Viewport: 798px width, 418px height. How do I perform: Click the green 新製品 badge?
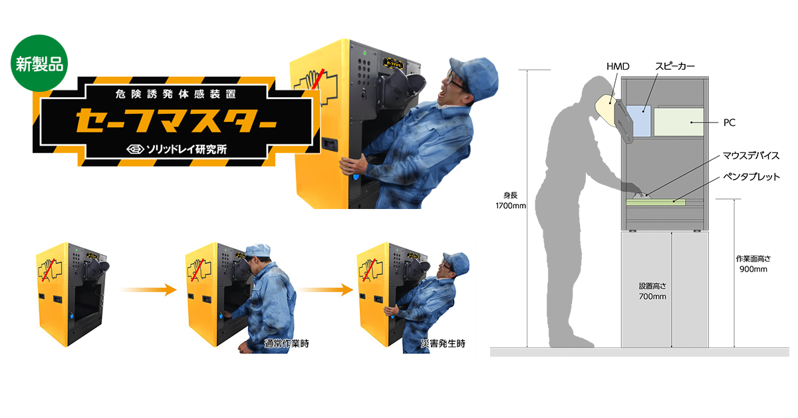[39, 63]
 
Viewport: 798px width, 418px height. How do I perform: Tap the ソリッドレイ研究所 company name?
[177, 149]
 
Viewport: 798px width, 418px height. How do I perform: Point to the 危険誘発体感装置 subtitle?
[176, 94]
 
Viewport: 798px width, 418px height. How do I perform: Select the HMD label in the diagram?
[618, 67]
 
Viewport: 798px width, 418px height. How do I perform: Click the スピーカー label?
[675, 67]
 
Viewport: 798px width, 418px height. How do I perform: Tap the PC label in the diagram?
[730, 122]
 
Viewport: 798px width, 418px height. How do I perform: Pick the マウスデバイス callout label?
[751, 156]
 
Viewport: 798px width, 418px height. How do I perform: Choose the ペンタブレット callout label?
[751, 176]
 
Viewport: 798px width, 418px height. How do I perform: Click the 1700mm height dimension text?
[511, 206]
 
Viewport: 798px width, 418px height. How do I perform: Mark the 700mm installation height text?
[652, 296]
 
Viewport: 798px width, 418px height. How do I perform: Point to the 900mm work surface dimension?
[753, 270]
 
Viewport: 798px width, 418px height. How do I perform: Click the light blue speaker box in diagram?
[639, 121]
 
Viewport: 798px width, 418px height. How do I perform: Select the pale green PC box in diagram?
[679, 122]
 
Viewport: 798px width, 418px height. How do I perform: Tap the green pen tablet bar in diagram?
[656, 202]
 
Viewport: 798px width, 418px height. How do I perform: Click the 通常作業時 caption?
[287, 343]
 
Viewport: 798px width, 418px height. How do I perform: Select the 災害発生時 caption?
[443, 343]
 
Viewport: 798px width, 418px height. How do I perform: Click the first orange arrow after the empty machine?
[148, 290]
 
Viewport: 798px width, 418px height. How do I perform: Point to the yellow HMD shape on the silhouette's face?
[606, 110]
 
